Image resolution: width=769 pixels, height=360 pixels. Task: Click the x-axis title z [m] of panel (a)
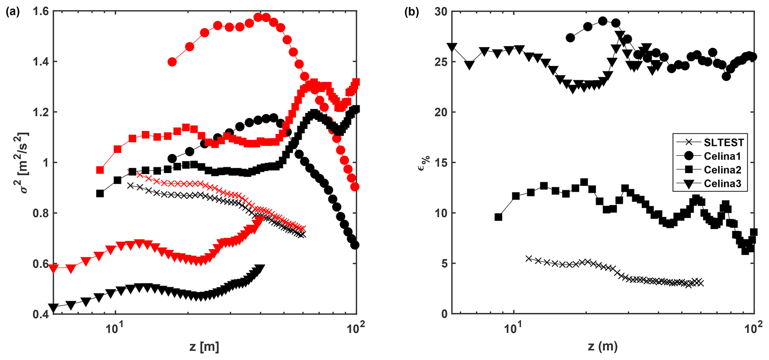pyautogui.click(x=204, y=347)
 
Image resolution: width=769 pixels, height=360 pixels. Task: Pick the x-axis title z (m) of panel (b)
pyautogui.click(x=603, y=347)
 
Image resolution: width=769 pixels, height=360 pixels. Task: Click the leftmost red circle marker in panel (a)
pyautogui.click(x=172, y=62)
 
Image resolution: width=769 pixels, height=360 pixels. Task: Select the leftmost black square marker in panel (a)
pyautogui.click(x=100, y=193)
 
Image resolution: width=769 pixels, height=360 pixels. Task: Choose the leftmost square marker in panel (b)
pyautogui.click(x=498, y=217)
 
